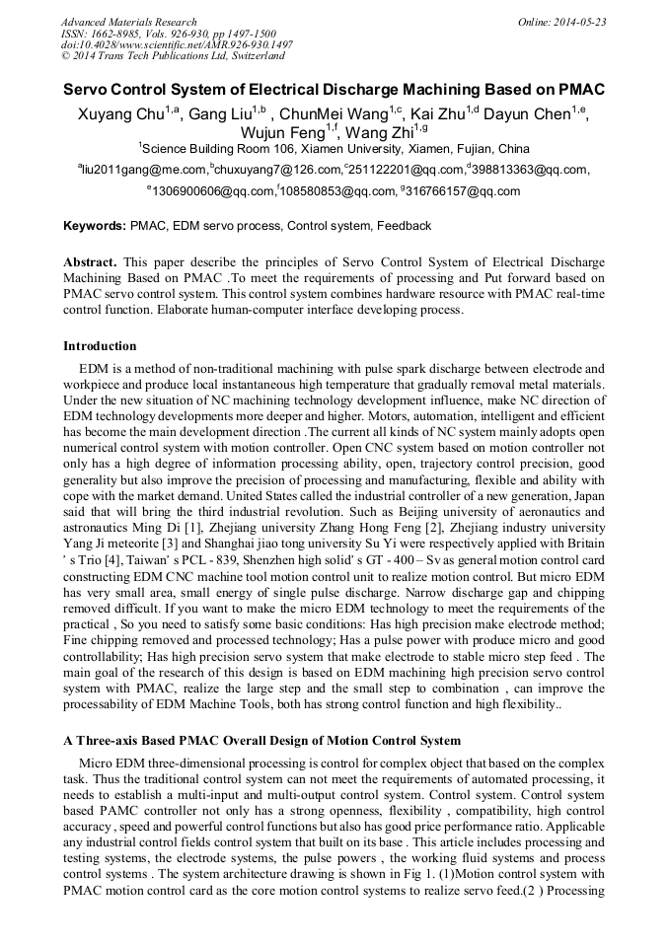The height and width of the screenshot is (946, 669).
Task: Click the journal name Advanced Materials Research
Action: coord(128,22)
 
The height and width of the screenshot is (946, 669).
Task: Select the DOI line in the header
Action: coord(177,44)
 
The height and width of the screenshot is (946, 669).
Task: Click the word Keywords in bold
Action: coord(94,226)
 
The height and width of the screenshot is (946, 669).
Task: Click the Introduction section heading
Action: coord(100,346)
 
